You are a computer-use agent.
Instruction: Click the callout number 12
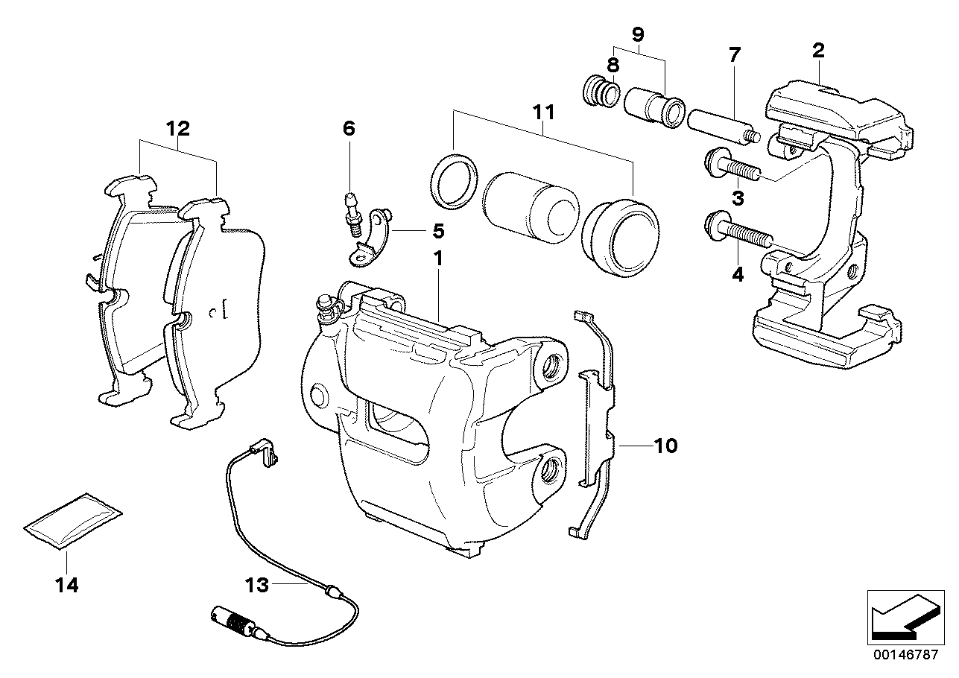pos(178,127)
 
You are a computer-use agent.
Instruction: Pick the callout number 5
pos(438,230)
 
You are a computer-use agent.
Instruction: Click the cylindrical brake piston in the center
pos(530,208)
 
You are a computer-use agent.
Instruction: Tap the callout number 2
pos(817,51)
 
